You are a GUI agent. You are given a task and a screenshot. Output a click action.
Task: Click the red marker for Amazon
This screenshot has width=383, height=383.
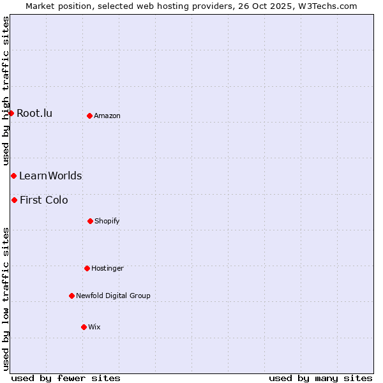89,116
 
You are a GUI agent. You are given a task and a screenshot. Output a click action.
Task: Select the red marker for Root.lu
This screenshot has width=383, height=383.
11,113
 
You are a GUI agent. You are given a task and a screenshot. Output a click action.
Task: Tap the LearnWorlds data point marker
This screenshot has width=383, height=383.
13,176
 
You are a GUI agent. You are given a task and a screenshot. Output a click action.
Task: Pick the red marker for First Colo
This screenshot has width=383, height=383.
14,200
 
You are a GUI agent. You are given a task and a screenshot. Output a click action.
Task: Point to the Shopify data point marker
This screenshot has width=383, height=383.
90,221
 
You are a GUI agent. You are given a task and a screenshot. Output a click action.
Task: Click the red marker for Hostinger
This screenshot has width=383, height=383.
87,268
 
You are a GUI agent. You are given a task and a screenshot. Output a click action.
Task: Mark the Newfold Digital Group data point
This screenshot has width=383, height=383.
71,296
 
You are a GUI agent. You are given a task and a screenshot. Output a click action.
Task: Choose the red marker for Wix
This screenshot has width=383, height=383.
84,327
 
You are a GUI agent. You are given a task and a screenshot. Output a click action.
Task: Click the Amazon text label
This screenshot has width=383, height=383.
107,116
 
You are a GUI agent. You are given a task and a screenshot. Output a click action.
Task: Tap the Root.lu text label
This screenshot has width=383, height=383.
34,114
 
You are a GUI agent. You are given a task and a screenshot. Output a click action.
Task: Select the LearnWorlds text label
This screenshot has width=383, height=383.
50,176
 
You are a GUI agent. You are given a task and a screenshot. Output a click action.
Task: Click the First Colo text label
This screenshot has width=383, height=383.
44,200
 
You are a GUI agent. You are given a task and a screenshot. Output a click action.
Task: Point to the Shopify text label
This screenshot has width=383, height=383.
107,221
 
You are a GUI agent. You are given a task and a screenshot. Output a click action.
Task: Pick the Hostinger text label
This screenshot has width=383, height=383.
107,268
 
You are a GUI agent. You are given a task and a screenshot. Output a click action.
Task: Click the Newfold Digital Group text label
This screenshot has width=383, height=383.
113,296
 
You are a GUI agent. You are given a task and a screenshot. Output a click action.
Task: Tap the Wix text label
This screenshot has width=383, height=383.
94,327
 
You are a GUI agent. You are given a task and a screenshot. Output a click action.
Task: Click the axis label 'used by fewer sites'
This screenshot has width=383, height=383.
66,378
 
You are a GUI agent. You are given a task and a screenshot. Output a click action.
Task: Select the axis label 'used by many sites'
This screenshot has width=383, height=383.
320,378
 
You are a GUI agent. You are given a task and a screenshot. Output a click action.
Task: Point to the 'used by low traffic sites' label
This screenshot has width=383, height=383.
6,298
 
